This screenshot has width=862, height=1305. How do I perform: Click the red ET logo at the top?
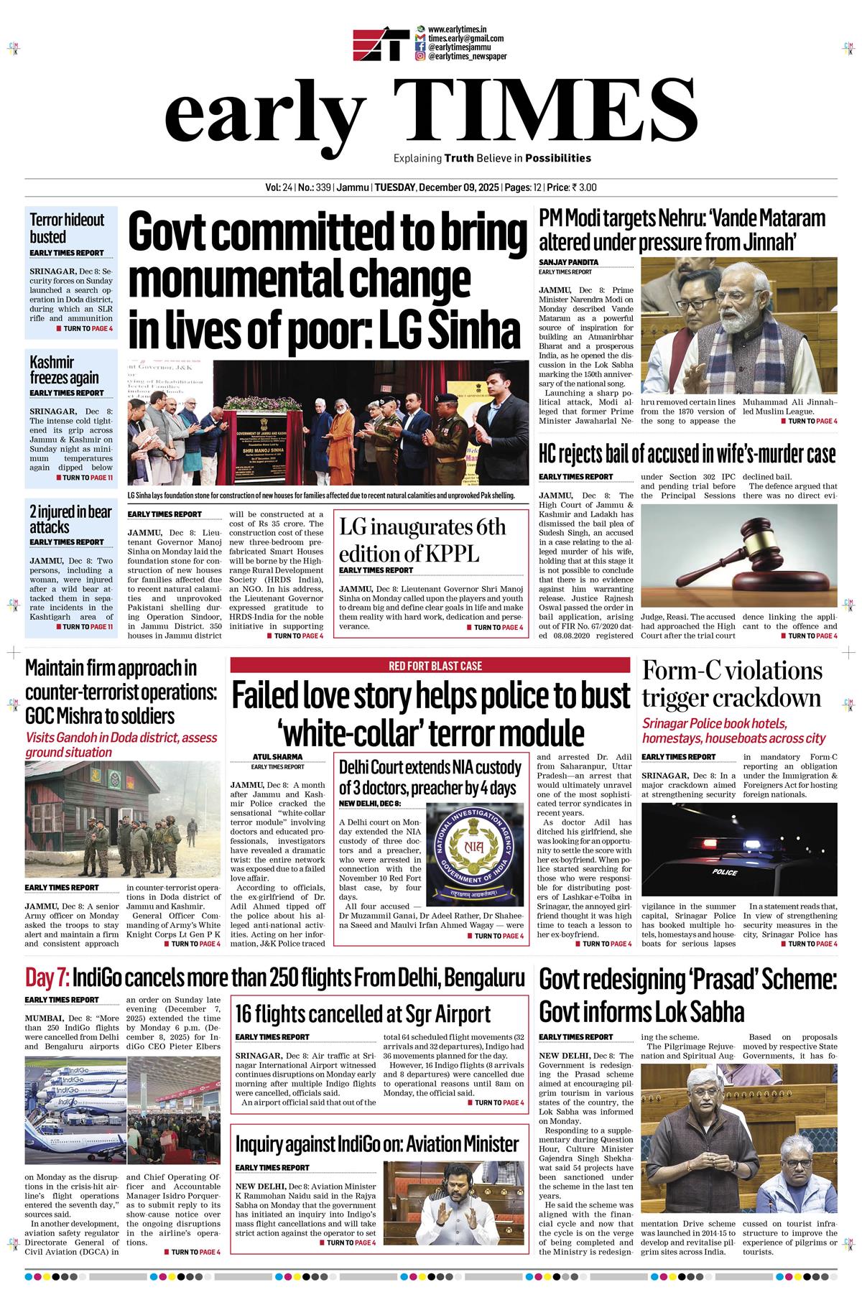[381, 45]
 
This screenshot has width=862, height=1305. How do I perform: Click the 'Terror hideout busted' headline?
[68, 228]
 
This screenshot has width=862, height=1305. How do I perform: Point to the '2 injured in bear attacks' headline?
[70, 519]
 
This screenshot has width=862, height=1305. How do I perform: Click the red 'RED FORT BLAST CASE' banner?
[430, 666]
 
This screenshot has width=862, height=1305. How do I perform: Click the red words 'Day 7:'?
[47, 977]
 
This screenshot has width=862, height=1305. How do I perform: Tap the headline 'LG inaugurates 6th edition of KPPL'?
[422, 540]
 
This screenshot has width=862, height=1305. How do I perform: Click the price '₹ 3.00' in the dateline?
[583, 188]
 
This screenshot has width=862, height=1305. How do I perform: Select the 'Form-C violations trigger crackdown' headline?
[731, 684]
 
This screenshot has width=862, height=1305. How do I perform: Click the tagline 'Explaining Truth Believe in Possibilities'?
[492, 158]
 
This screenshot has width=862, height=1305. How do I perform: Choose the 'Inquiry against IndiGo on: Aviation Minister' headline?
[376, 1143]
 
